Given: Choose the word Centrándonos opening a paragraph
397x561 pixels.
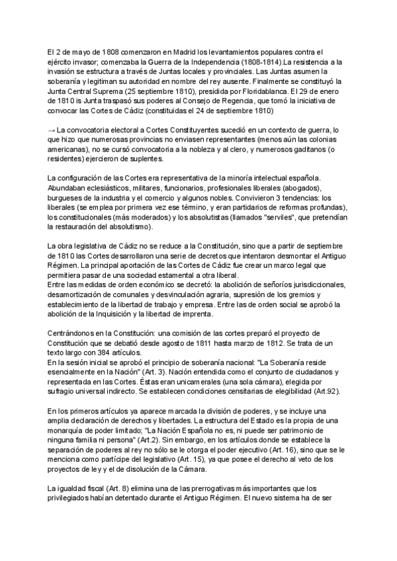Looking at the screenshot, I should [x=75, y=334].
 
